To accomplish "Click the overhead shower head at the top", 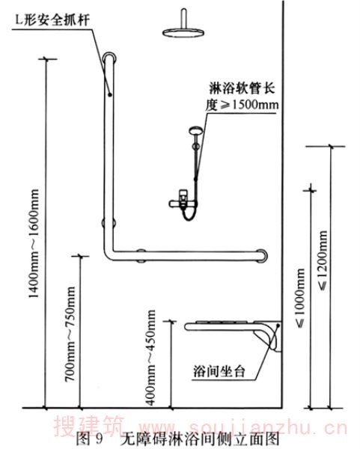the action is click(x=183, y=32).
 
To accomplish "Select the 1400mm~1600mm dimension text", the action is click(x=34, y=244).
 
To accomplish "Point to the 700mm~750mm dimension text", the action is click(x=70, y=334).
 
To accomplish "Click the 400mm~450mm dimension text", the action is click(x=150, y=358).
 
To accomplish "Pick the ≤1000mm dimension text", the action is click(x=300, y=298).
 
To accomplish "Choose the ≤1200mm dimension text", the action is click(x=323, y=260).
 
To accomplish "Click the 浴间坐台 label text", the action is click(x=219, y=371).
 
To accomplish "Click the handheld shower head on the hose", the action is click(x=196, y=130).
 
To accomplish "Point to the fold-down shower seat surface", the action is click(x=223, y=326).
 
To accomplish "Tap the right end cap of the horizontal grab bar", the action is click(x=263, y=255).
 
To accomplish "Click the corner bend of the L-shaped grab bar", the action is click(x=109, y=254).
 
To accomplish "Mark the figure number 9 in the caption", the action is click(x=99, y=439).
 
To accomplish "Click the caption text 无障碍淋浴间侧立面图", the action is click(x=200, y=439).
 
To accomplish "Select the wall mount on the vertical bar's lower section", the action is click(x=109, y=222).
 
